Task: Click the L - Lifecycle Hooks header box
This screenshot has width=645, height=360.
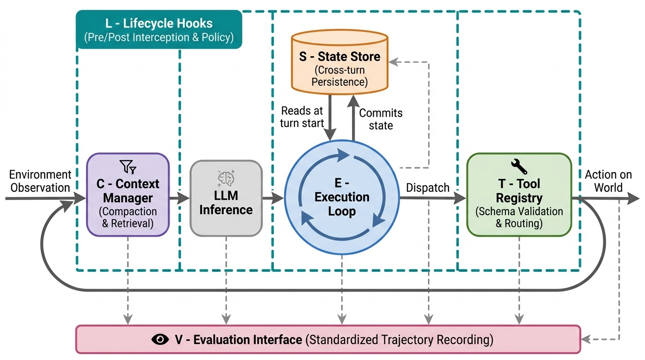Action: pos(159,30)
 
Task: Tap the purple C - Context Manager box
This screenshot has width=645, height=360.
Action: pos(127,195)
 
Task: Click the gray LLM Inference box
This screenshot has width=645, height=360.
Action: pos(226,198)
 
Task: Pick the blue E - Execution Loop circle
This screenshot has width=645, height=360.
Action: pos(342,198)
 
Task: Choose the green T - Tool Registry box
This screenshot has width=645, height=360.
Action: pos(519,195)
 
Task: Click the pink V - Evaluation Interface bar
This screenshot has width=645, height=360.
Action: pos(328,339)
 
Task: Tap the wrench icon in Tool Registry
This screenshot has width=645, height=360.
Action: pos(518,166)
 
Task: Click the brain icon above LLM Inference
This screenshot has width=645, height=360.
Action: pos(226,178)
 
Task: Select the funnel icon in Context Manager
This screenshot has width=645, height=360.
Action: pos(127,166)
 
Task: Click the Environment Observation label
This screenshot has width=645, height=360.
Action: pos(40,181)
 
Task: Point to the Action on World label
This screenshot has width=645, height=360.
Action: pos(608,181)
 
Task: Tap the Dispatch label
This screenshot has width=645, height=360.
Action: pos(427,187)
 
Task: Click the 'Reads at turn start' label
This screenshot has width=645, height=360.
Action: pos(302,117)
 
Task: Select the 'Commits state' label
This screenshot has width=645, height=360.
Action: pos(381,119)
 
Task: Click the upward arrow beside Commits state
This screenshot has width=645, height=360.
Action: pos(353,117)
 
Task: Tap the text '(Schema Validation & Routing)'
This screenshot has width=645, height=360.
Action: pos(519,217)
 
